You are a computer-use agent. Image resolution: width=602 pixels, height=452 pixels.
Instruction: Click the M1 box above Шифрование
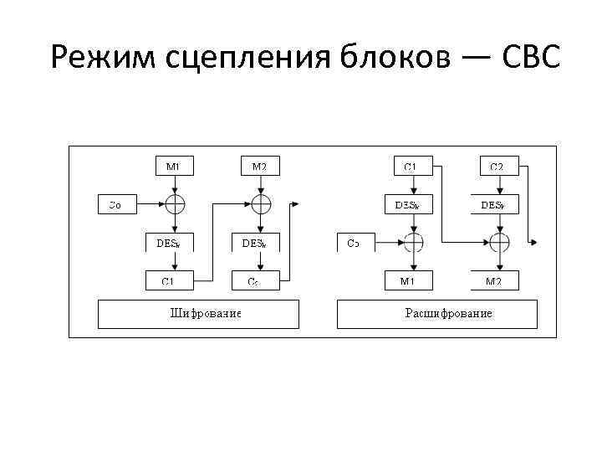pos(173,166)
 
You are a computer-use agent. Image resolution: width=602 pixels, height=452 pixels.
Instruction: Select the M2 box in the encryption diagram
pos(260,166)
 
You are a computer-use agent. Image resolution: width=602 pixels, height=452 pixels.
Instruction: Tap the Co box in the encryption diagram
pos(116,203)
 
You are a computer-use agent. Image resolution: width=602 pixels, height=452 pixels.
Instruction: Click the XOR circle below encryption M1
pos(174,203)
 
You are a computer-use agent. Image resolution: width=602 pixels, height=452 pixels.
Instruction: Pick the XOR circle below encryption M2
pos(261,203)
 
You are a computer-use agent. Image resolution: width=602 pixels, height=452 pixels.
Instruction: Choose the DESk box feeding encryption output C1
pos(173,244)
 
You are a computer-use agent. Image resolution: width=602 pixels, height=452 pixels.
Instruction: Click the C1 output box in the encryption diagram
pos(168,281)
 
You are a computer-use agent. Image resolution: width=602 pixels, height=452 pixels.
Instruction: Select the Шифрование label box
pos(199,314)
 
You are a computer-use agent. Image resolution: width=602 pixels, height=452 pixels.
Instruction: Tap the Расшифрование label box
pos(437,314)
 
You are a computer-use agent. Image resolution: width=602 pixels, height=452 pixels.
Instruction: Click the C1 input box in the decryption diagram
pos(411,166)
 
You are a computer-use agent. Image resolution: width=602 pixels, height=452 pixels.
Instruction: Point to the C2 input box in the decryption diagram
pos(497,166)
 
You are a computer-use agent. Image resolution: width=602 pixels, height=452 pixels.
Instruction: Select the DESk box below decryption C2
pos(498,204)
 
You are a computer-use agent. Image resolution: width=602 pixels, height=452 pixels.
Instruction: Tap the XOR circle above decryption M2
pos(499,243)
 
